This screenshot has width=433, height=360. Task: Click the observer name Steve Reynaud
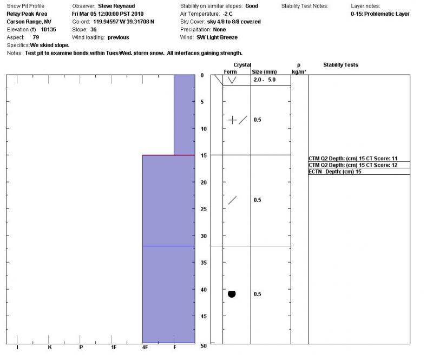pos(116,6)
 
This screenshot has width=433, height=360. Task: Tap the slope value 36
pos(94,30)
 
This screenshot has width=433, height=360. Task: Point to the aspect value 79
pos(36,37)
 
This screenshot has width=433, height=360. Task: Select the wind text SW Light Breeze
pos(217,37)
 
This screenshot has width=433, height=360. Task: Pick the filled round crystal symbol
pos(232,294)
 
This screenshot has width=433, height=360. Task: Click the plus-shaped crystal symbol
pos(232,120)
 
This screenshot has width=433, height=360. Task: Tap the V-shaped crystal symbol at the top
pos(232,80)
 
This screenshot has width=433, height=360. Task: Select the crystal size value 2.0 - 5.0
pos(265,80)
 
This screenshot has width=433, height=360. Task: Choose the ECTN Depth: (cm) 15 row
pos(335,172)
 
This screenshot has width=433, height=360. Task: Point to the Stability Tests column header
pos(340,65)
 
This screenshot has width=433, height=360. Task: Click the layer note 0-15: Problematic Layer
pos(380,14)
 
